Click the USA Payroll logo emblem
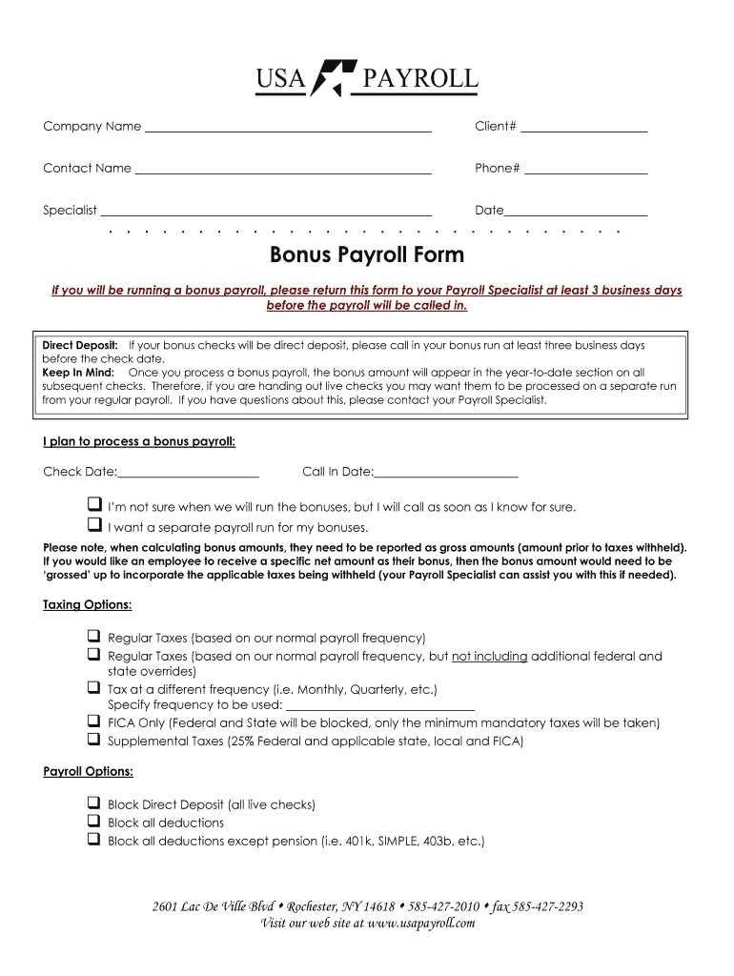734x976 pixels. [334, 79]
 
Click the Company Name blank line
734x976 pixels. [287, 129]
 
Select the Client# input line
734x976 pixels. [583, 129]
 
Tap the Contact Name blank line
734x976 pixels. [283, 171]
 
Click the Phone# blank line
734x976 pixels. [585, 171]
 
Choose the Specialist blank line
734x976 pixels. [266, 213]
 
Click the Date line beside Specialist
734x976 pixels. [576, 213]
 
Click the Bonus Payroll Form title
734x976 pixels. [367, 254]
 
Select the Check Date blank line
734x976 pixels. [188, 474]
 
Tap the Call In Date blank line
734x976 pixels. [446, 474]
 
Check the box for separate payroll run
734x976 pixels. [94, 525]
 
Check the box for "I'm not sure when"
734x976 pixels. [94, 504]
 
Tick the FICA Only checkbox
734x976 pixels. [94, 722]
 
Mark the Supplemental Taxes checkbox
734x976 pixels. [94, 739]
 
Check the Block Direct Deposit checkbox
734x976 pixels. [94, 803]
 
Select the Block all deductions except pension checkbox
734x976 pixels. [94, 840]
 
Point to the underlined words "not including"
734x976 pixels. [489, 657]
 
